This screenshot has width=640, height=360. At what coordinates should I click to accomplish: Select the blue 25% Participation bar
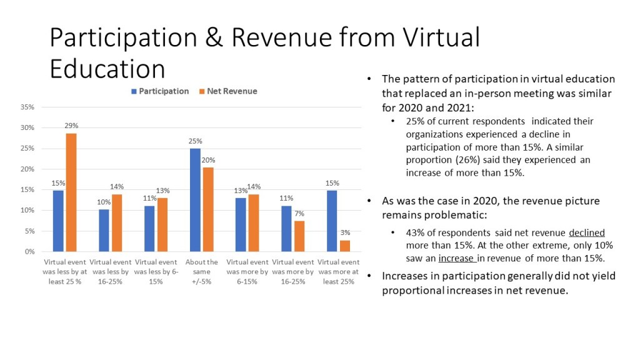point(195,200)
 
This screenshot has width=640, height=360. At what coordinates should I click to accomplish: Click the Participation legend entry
point(159,91)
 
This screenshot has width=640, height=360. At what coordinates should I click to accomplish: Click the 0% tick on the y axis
point(29,252)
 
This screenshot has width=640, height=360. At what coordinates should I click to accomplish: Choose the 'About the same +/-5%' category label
point(202,272)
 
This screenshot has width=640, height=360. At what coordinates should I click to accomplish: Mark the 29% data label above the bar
point(72,126)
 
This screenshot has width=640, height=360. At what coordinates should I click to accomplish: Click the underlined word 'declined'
point(587,232)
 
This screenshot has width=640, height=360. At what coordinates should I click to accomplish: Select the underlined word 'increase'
point(457,258)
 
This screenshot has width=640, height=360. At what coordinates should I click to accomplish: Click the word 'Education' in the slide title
point(107,69)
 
